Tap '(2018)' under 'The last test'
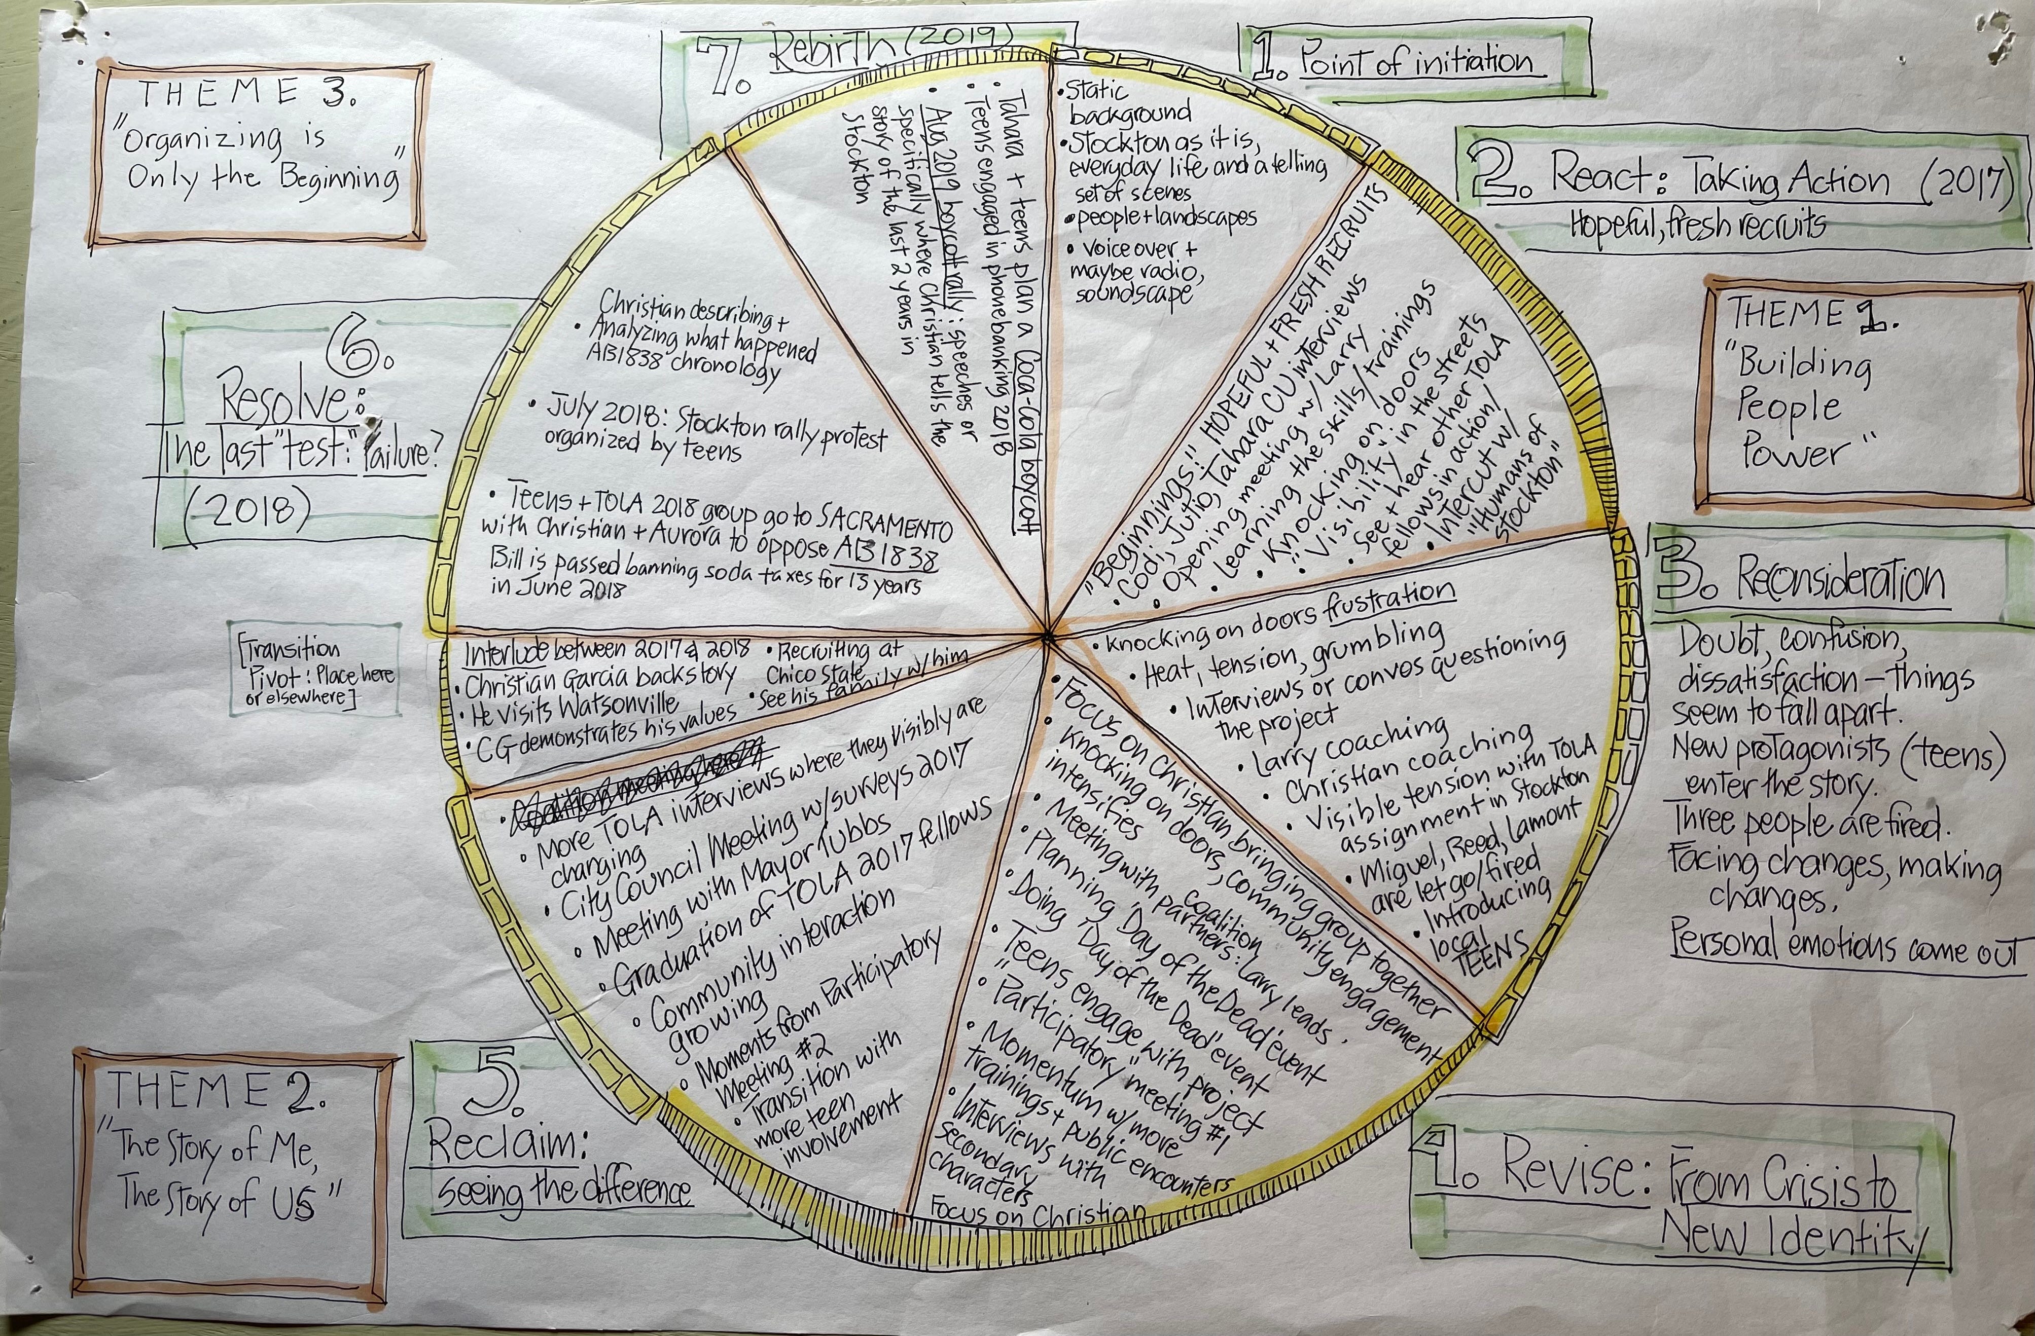248,510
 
